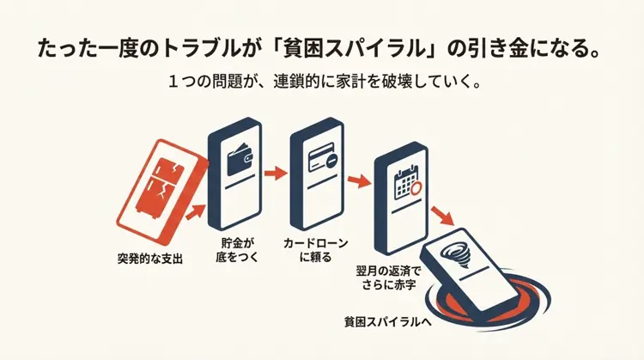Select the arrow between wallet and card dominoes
point(276,174)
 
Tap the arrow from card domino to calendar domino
point(359,180)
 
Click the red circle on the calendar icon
point(415,188)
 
